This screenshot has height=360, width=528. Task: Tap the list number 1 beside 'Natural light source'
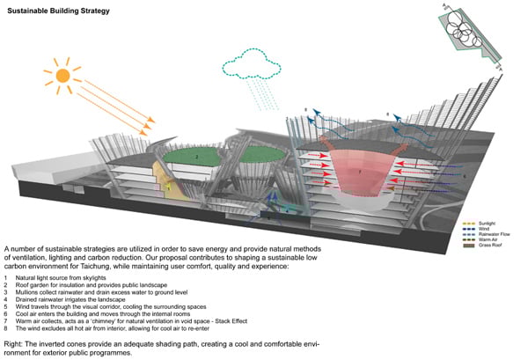pyautogui.click(x=6, y=278)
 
